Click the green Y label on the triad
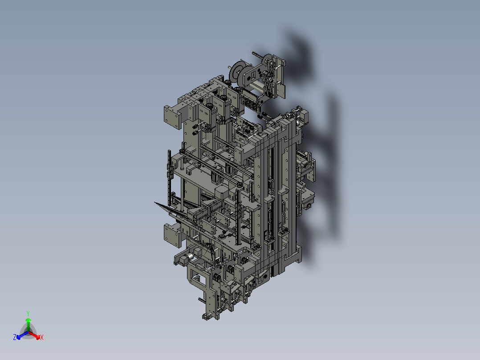pos(28,313)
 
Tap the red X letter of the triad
pos(42,338)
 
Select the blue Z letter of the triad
pos(15,338)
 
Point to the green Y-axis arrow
pos(28,323)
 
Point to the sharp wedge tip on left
pos(156,203)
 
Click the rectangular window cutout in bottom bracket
pos(199,280)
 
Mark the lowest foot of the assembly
pos(206,317)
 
